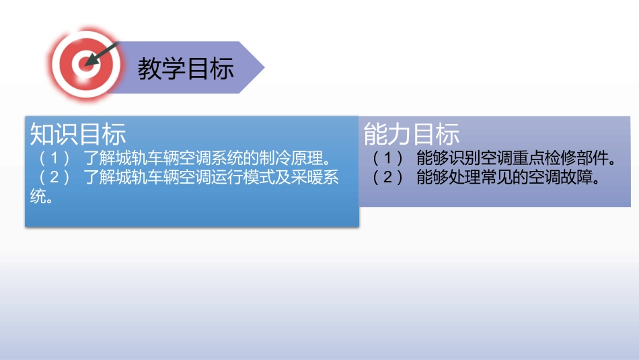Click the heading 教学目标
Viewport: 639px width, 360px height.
186,69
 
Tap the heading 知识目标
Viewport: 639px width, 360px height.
78,135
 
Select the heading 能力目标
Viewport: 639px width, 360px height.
412,135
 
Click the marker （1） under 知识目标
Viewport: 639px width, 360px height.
54,159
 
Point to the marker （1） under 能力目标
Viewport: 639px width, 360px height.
387,159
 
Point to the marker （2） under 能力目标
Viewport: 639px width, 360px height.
387,178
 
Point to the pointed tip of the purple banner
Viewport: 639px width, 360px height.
263,67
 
